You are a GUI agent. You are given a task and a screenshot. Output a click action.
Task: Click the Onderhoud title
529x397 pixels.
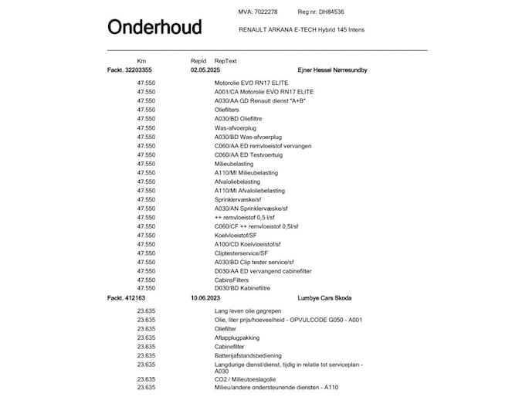coord(154,28)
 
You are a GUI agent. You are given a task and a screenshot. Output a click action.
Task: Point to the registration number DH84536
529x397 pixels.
coord(332,12)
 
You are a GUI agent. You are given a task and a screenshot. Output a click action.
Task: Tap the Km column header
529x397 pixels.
coord(141,60)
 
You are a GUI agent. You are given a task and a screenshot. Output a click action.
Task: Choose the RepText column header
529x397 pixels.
coord(226,60)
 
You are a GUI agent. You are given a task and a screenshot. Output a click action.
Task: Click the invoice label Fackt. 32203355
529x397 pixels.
coord(132,70)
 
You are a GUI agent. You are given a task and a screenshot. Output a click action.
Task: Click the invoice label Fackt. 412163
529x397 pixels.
coord(127,297)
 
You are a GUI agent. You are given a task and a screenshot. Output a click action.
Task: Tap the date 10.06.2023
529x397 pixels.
coord(206,297)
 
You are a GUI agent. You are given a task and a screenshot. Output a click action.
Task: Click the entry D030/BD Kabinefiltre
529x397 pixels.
coord(242,288)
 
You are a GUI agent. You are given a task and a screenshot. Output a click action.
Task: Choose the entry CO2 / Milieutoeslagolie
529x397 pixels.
coord(246,378)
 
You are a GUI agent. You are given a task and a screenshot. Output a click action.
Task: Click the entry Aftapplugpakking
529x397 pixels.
coord(237,338)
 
